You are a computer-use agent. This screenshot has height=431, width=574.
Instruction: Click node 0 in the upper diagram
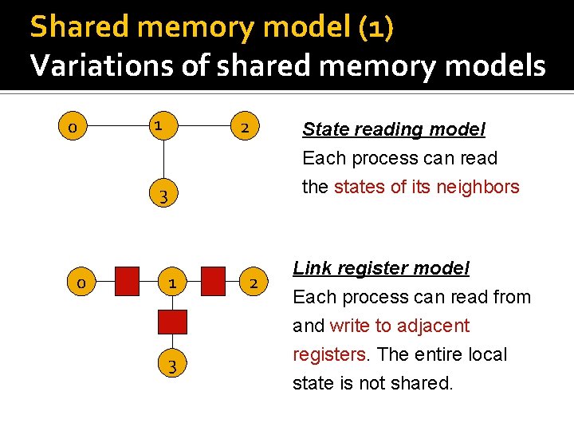tap(73, 127)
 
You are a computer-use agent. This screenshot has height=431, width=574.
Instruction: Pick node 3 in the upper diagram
tap(161, 196)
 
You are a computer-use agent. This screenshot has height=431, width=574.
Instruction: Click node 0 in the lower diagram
tap(81, 283)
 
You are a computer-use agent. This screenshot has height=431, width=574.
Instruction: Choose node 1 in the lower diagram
tap(172, 283)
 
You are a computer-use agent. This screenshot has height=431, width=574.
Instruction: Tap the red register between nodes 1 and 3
tap(172, 322)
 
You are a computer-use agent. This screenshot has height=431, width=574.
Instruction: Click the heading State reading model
tap(393, 129)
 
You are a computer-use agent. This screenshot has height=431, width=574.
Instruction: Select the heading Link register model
tap(381, 268)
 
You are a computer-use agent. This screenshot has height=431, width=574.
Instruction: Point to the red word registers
tap(325, 354)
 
